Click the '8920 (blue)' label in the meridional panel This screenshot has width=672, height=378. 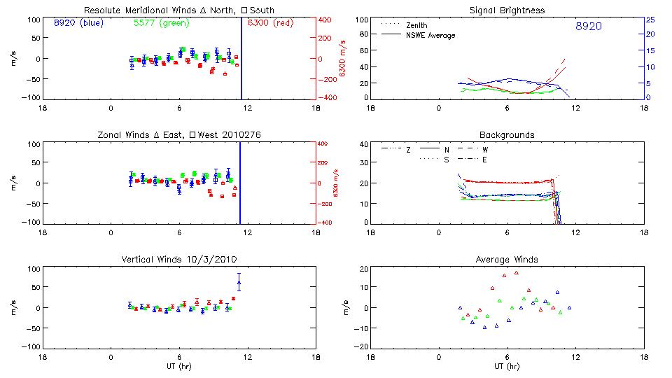tap(78, 23)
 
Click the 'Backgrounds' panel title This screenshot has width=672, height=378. tap(507, 134)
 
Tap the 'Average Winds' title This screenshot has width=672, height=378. tap(507, 260)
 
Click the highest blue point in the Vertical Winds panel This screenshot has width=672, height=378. tap(239, 283)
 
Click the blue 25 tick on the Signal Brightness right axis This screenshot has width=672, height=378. tap(650, 20)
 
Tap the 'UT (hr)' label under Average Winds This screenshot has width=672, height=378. tap(507, 366)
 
